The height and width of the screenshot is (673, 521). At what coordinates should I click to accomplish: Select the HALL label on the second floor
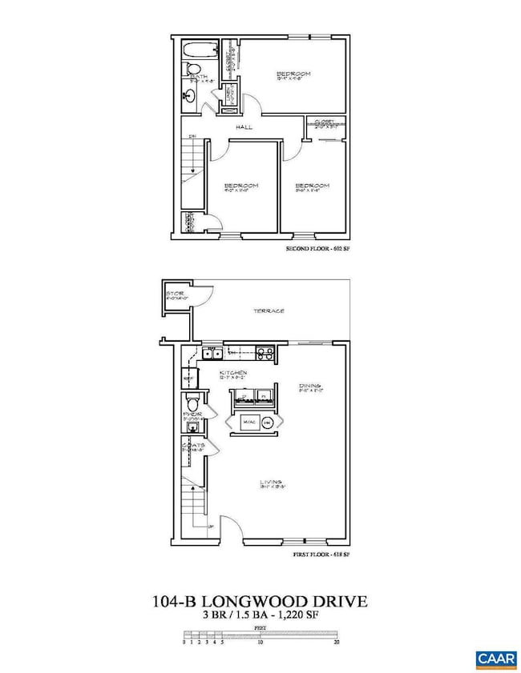click(244, 127)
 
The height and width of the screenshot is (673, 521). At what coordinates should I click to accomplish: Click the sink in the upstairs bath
click(190, 97)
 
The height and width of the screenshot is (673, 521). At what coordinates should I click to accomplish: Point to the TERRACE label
click(270, 311)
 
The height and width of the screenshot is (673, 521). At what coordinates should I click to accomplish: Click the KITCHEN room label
click(234, 374)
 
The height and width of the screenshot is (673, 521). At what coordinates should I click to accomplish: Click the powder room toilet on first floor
click(192, 402)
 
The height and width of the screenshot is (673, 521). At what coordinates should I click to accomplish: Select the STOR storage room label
click(176, 294)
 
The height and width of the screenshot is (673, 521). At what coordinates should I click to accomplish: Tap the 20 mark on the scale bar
click(338, 642)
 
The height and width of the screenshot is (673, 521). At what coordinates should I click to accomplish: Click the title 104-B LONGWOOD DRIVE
click(260, 600)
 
